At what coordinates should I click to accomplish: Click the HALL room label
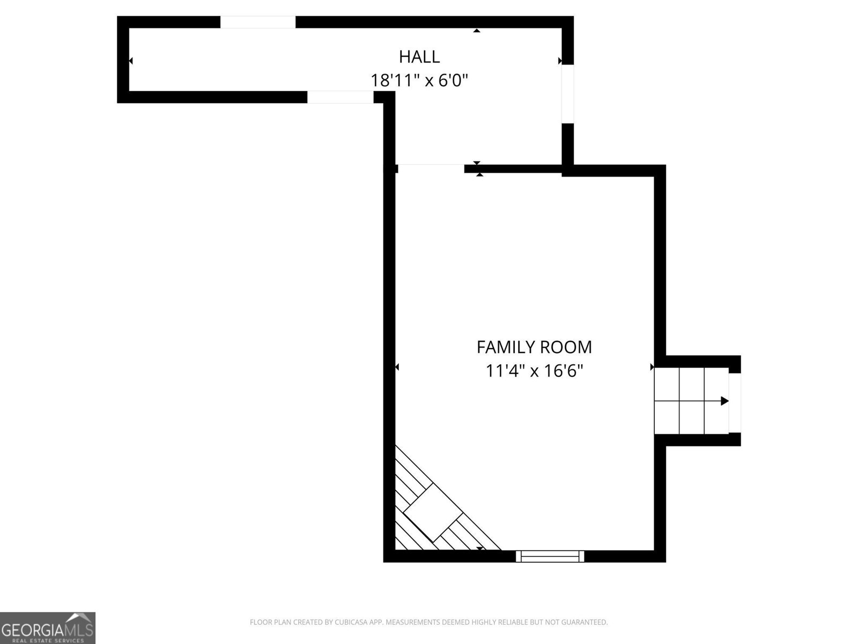[x=419, y=56]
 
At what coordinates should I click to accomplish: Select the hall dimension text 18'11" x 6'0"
[x=419, y=80]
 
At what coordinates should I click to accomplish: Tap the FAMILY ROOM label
[x=534, y=347]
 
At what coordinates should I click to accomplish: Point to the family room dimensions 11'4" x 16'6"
[x=534, y=371]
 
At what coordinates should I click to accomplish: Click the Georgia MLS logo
[x=47, y=627]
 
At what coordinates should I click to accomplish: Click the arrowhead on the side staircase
[x=724, y=401]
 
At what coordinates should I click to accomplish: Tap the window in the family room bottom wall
[x=550, y=556]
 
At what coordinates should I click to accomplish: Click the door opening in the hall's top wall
[x=257, y=22]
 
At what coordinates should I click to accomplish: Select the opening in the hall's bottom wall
[x=340, y=97]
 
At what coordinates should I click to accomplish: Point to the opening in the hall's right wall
[x=567, y=94]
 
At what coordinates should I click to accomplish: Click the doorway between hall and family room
[x=430, y=168]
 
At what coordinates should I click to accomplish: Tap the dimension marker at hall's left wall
[x=130, y=61]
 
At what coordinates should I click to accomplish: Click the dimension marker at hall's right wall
[x=560, y=61]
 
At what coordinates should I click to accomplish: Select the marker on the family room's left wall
[x=397, y=367]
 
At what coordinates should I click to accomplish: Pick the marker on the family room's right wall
[x=652, y=367]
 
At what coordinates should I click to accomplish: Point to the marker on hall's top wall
[x=476, y=31]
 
